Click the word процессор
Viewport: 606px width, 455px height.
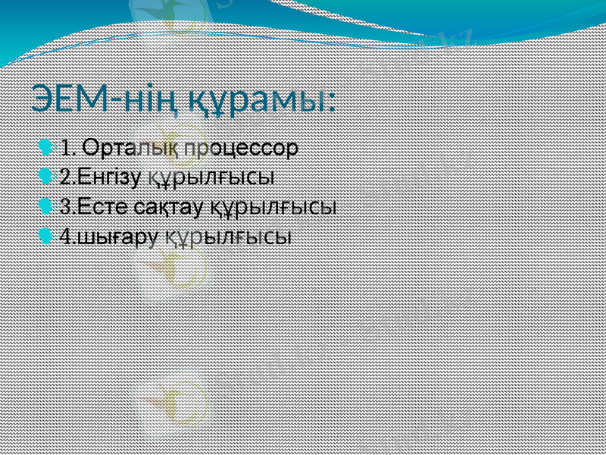click(x=242, y=146)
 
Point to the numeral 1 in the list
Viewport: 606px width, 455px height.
click(x=66, y=146)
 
